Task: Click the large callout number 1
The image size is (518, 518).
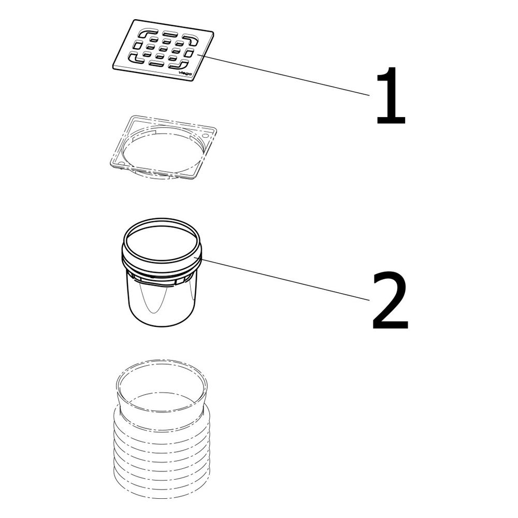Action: pos(391,96)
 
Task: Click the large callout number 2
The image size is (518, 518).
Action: pos(390,299)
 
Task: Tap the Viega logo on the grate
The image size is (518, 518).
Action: pos(185,73)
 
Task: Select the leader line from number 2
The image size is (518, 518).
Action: pos(285,280)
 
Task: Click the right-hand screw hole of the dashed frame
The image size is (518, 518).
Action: pos(206,135)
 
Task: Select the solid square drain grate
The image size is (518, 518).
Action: pos(163,50)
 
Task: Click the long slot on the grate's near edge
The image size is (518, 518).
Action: pos(156,63)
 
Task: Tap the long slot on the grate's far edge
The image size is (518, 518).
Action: pos(170,34)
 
